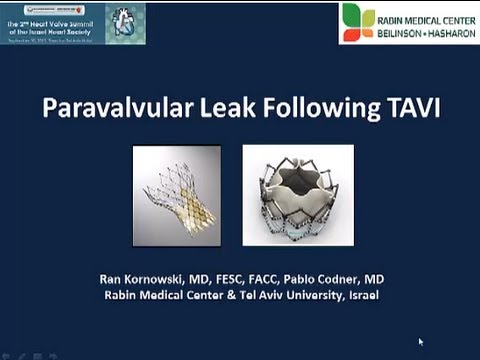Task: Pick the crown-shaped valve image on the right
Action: pos(298,194)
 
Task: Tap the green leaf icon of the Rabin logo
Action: pos(357,22)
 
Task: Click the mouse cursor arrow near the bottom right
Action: pos(421,343)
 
